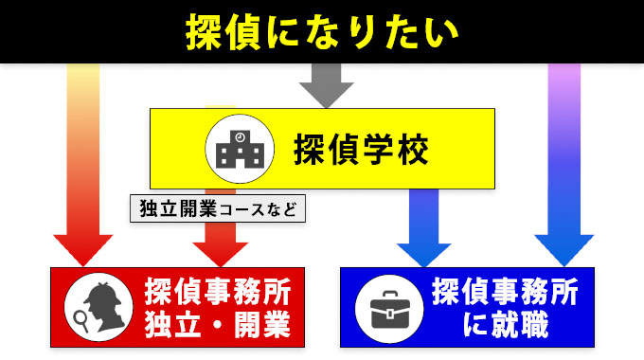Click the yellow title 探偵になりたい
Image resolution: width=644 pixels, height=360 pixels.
click(322, 30)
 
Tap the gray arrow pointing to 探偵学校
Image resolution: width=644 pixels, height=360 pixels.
click(327, 87)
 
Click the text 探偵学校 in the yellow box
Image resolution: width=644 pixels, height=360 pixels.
click(362, 149)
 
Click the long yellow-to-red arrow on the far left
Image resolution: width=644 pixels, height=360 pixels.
click(83, 161)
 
